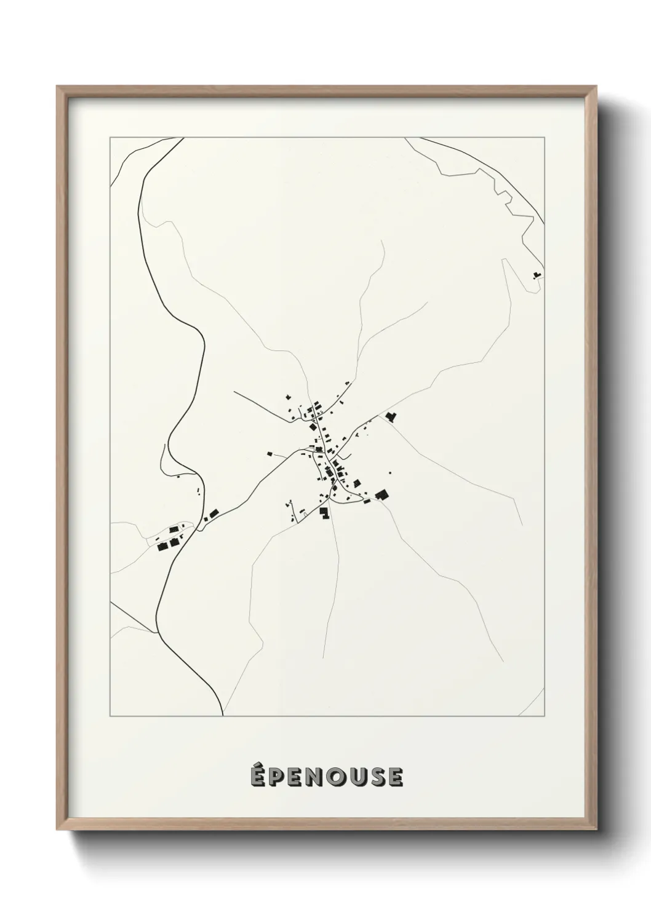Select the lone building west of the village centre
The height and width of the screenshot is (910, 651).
(270, 454)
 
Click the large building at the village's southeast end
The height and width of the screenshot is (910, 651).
(382, 494)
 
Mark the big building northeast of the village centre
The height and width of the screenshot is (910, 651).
(389, 417)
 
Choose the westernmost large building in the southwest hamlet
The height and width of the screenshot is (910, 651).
(163, 545)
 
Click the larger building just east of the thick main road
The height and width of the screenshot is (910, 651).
(214, 513)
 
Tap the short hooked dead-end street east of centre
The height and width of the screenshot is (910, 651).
(348, 456)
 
